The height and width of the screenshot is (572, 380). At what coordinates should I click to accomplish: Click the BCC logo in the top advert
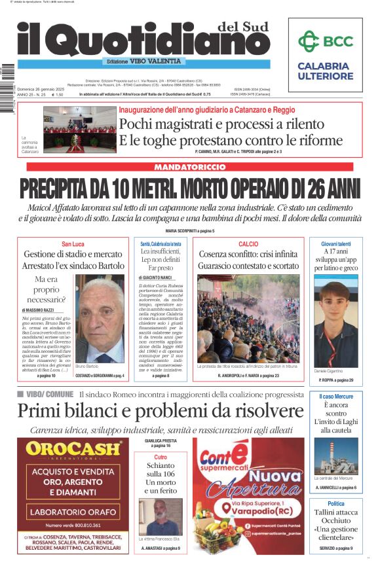(x=325, y=41)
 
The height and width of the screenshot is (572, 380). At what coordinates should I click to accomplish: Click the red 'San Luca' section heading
(x=73, y=244)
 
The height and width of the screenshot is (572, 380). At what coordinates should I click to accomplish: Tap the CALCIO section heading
(x=248, y=243)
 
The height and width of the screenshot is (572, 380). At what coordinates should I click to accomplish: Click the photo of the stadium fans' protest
(x=248, y=317)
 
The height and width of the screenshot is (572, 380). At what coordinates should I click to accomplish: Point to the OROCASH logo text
(x=74, y=450)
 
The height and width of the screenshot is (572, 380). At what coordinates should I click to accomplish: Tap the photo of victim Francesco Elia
(x=161, y=516)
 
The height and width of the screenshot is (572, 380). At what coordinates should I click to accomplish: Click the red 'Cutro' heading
(x=161, y=457)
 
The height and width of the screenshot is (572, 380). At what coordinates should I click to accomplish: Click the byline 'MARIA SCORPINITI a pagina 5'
(x=189, y=231)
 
